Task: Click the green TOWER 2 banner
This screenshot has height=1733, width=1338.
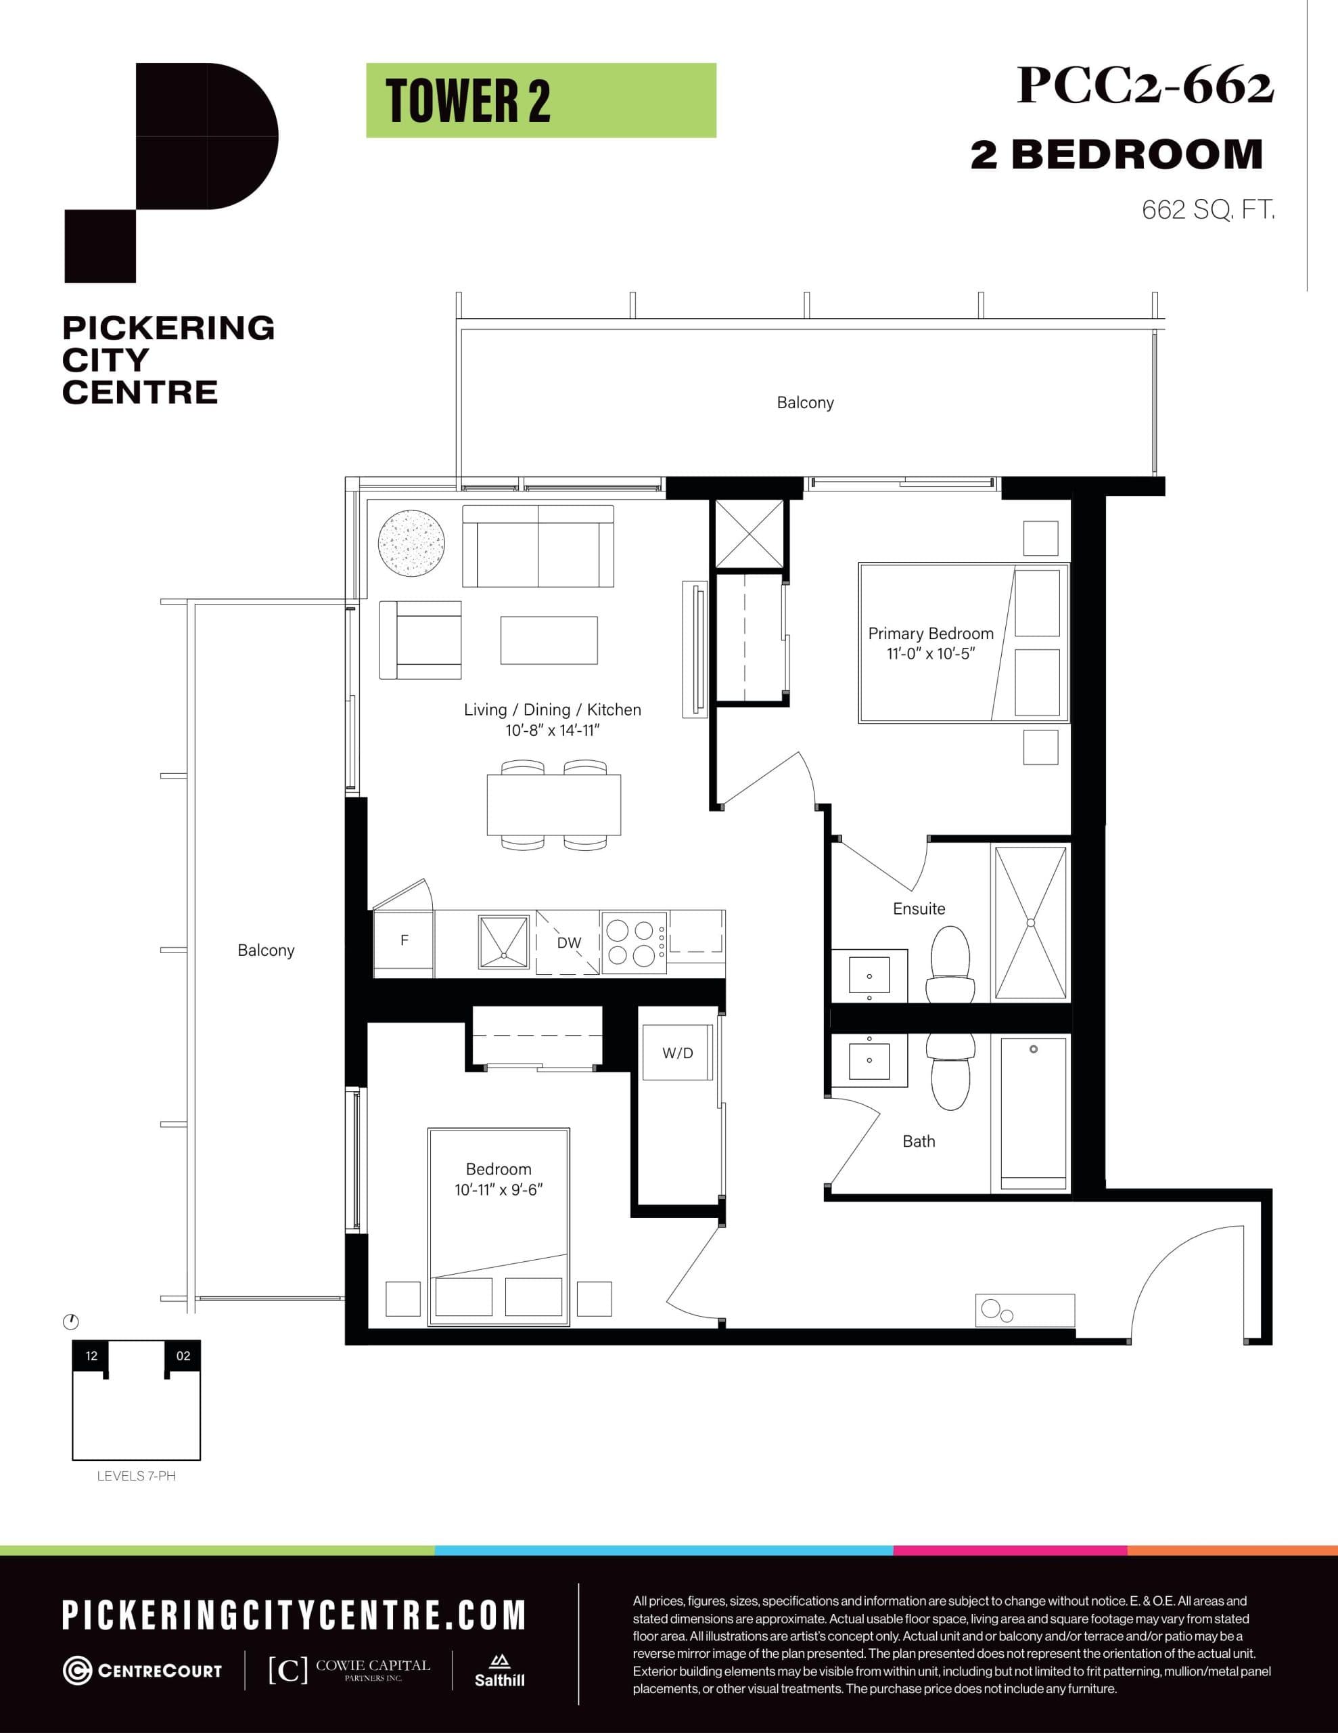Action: coord(541,101)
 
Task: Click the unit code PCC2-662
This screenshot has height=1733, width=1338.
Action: coord(1145,86)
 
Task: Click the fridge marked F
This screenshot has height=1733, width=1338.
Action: coord(404,942)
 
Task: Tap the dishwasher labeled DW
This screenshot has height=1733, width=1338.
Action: coord(568,943)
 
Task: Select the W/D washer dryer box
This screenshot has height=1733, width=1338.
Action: coord(677,1053)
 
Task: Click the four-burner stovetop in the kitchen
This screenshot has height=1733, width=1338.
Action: coord(634,943)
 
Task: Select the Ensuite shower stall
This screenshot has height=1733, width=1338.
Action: coord(1030,922)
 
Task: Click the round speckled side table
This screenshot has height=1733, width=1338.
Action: coord(411,544)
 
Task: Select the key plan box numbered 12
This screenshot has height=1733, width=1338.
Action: coord(91,1355)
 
